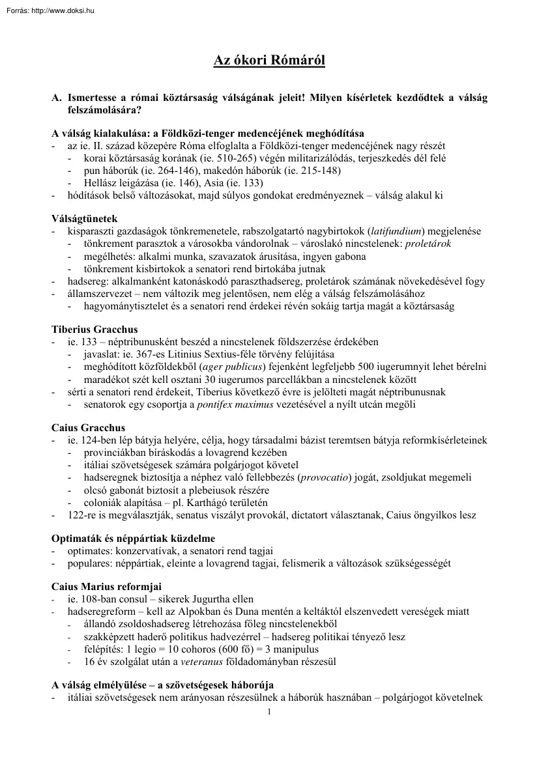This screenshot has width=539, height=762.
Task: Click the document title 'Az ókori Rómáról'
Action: (x=269, y=61)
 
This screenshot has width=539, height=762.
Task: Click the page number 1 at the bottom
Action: (x=269, y=711)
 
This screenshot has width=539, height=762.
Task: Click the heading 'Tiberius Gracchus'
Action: (x=95, y=330)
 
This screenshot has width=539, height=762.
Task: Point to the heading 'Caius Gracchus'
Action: (x=88, y=429)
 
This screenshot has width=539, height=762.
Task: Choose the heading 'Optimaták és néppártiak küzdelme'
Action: (x=133, y=539)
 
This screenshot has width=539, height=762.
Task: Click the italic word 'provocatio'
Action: (x=323, y=478)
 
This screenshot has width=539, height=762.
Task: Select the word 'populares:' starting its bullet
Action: (x=89, y=563)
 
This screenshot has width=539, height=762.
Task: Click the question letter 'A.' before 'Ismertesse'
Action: (x=57, y=98)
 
